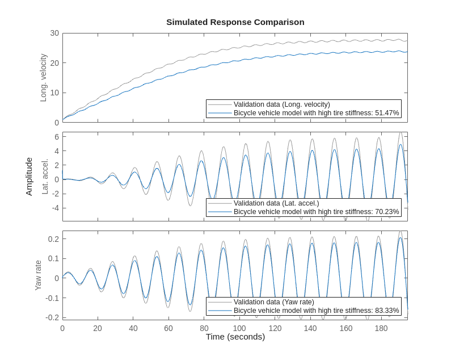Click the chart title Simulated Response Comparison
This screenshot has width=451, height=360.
pyautogui.click(x=235, y=22)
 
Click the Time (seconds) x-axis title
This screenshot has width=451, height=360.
pyautogui.click(x=235, y=337)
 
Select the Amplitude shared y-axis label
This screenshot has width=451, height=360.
pyautogui.click(x=29, y=177)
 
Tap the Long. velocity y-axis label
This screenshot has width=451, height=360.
pyautogui.click(x=43, y=78)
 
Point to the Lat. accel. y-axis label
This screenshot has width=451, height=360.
pyautogui.click(x=45, y=177)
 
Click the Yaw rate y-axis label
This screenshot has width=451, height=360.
pyautogui.click(x=39, y=275)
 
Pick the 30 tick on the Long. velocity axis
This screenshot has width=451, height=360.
pyautogui.click(x=54, y=33)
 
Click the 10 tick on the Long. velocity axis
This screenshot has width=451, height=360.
pyautogui.click(x=54, y=93)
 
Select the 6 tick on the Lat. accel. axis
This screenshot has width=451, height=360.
pyautogui.click(x=57, y=137)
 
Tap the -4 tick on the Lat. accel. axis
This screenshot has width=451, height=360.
pyautogui.click(x=55, y=208)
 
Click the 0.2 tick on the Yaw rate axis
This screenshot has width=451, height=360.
pyautogui.click(x=53, y=239)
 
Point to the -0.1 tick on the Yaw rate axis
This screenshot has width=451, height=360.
pyautogui.click(x=52, y=298)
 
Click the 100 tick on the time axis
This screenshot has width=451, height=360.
pyautogui.click(x=239, y=328)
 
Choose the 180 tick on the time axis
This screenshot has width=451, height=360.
pyautogui.click(x=381, y=328)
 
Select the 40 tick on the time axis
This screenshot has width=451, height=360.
pyautogui.click(x=133, y=328)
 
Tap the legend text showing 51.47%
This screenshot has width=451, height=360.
pyautogui.click(x=317, y=113)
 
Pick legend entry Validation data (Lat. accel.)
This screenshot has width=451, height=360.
pyautogui.click(x=276, y=203)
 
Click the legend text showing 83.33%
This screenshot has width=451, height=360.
pyautogui.click(x=317, y=311)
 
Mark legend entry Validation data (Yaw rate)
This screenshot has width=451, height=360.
pyautogui.click(x=273, y=302)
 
